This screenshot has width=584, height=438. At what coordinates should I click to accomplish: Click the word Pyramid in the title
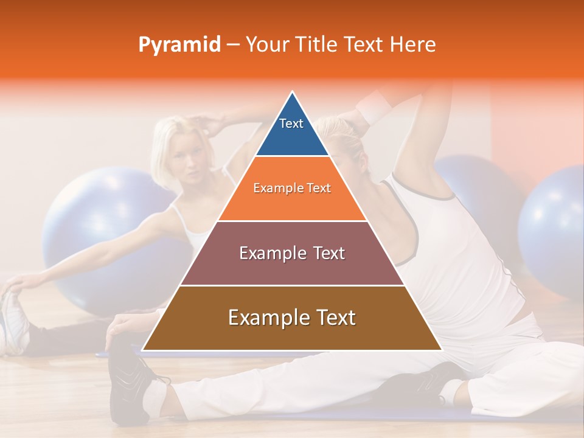[179, 45]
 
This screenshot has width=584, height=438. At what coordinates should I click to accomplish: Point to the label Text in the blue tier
[291, 123]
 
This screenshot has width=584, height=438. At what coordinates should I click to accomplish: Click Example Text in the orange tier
[292, 188]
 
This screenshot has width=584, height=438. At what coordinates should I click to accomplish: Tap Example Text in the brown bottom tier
[292, 318]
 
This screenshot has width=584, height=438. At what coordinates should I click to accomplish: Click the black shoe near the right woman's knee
[420, 383]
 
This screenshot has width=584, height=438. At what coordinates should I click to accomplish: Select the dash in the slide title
[232, 45]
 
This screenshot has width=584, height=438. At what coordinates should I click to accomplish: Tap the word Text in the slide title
[366, 44]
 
